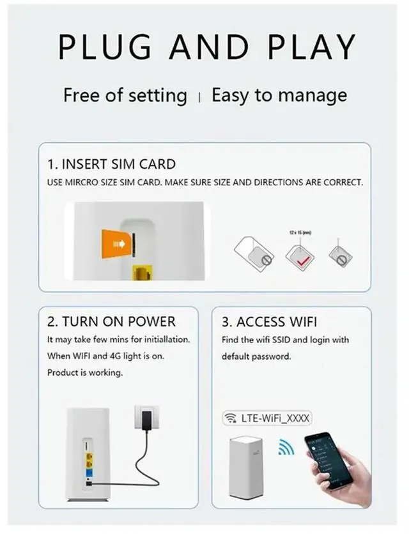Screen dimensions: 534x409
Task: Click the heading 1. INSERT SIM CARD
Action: pyautogui.click(x=112, y=165)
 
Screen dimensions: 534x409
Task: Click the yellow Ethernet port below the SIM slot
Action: pyautogui.click(x=141, y=273)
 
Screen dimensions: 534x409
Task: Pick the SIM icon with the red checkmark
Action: pyautogui.click(x=298, y=258)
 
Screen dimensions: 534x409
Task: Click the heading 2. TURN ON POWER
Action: pyautogui.click(x=111, y=321)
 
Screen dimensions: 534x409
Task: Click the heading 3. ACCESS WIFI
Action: pyautogui.click(x=269, y=321)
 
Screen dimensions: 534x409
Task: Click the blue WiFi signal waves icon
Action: pyautogui.click(x=286, y=448)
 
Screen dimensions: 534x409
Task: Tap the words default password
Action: pyautogui.click(x=256, y=356)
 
